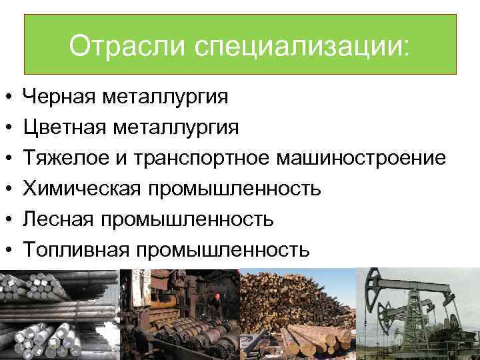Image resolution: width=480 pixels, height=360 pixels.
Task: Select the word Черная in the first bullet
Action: tap(60, 97)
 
